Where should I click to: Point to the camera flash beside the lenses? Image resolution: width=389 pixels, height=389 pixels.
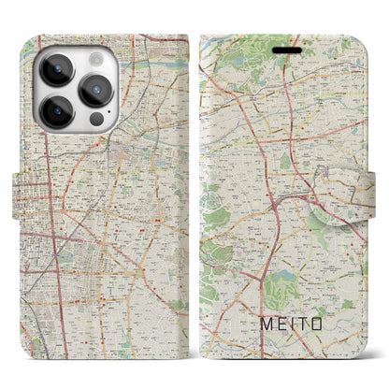point(96,59)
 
